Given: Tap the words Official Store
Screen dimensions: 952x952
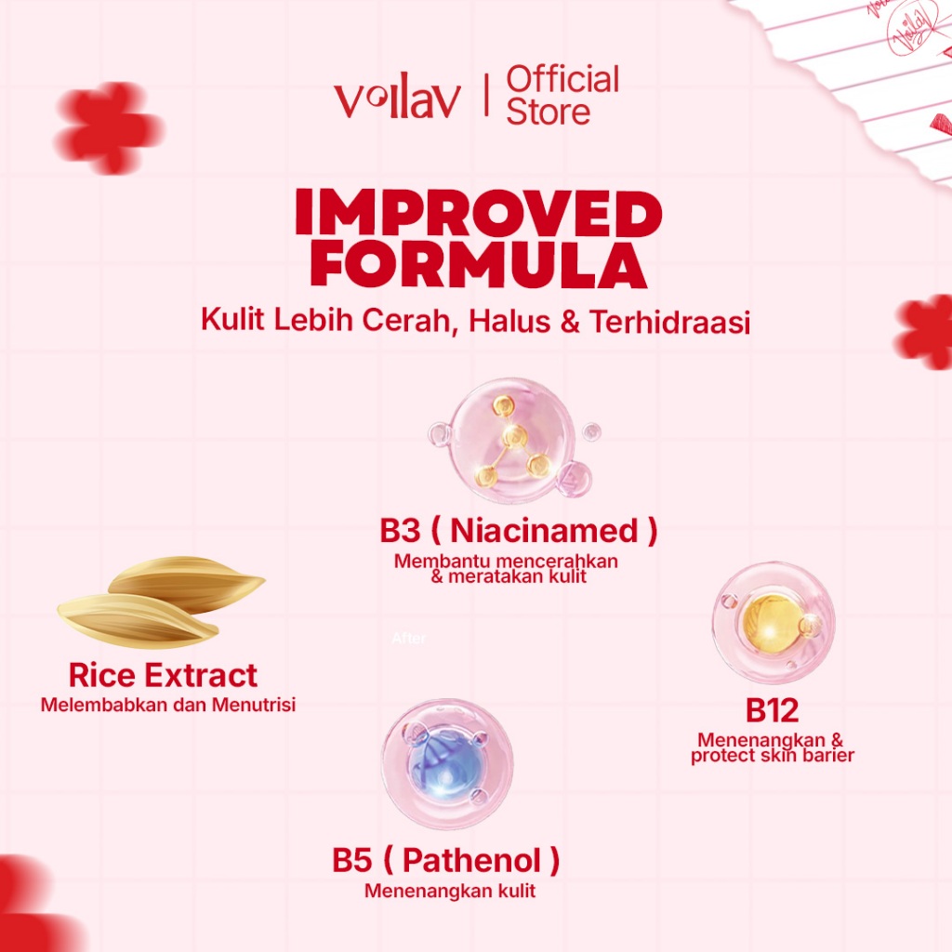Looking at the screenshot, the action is pyautogui.click(x=562, y=96).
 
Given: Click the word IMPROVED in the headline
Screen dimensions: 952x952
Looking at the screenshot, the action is pyautogui.click(x=479, y=212).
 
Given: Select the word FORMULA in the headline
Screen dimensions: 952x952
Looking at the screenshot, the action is pyautogui.click(x=479, y=265).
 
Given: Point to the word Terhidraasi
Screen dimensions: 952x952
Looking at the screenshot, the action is pyautogui.click(x=669, y=321).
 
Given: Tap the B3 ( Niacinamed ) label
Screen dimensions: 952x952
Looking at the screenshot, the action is pyautogui.click(x=519, y=530).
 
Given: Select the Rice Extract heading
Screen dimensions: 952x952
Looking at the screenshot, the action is pyautogui.click(x=163, y=675).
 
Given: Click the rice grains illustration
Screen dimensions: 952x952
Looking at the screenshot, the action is pyautogui.click(x=161, y=602).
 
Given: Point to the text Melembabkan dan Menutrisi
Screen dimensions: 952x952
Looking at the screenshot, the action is pyautogui.click(x=168, y=705).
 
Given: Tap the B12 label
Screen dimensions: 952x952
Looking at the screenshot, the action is pyautogui.click(x=772, y=710).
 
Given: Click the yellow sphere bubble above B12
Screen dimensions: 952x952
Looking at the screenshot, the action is pyautogui.click(x=773, y=622).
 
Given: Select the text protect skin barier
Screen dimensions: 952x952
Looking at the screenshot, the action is pyautogui.click(x=773, y=755).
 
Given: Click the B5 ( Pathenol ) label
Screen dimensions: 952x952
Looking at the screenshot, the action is pyautogui.click(x=445, y=860).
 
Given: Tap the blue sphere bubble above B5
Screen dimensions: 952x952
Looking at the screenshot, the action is pyautogui.click(x=447, y=764).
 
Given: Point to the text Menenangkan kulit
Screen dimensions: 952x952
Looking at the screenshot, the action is pyautogui.click(x=450, y=891).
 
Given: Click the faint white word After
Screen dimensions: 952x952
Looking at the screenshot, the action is pyautogui.click(x=409, y=638).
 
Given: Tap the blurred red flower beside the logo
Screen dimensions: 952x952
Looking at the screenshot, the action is pyautogui.click(x=109, y=127).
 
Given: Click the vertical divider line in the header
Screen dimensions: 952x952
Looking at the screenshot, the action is pyautogui.click(x=485, y=95).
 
